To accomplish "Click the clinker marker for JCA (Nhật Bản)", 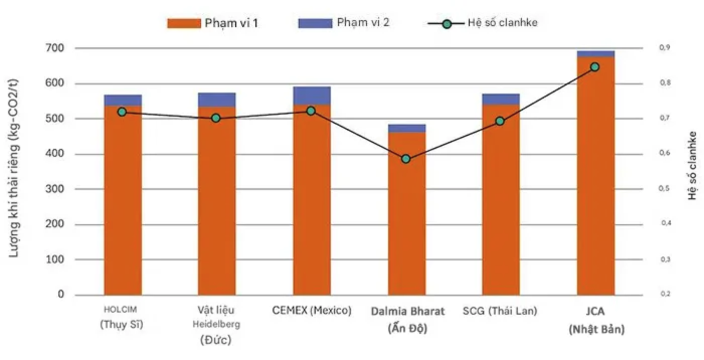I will [x=595, y=67].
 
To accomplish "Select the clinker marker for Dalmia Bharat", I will [x=406, y=159].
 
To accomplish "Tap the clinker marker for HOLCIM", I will [x=122, y=112].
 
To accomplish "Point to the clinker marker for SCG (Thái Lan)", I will [x=500, y=121].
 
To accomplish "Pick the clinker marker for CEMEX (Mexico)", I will [x=311, y=111].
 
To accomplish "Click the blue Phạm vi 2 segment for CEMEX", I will [x=312, y=96].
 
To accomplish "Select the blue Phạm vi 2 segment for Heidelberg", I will [x=217, y=100].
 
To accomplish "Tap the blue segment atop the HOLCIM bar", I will [x=123, y=100].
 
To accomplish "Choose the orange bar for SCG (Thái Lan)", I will [x=501, y=201].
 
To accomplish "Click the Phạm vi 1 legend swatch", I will [x=184, y=23].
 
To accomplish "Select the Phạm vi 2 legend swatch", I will [x=315, y=23].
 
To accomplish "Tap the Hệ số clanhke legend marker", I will [x=446, y=23].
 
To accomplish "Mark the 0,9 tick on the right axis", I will [x=664, y=47].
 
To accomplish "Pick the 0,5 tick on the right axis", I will [x=664, y=189].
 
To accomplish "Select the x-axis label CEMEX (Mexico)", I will [x=312, y=311].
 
